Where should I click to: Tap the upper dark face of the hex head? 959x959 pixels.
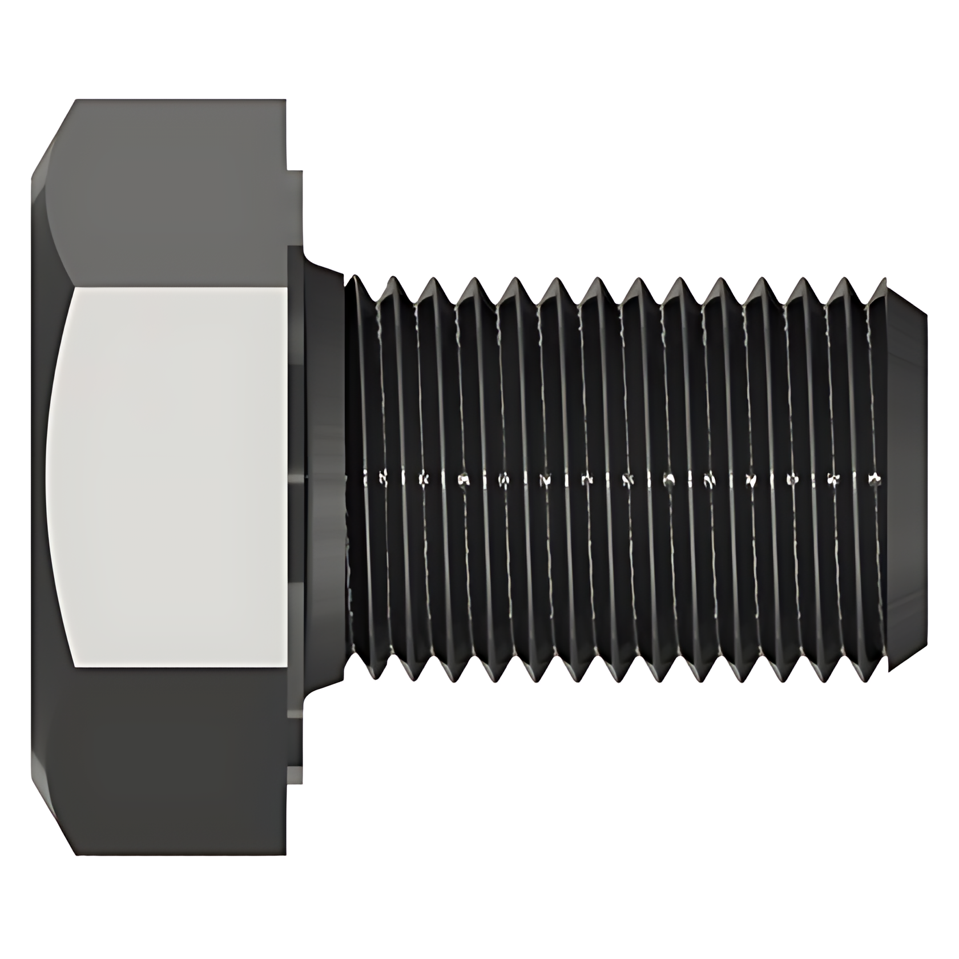pos(171,194)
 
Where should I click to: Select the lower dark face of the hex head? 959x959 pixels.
pos(171,759)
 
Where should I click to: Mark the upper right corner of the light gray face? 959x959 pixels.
pos(287,288)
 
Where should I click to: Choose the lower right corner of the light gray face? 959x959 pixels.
pos(287,666)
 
